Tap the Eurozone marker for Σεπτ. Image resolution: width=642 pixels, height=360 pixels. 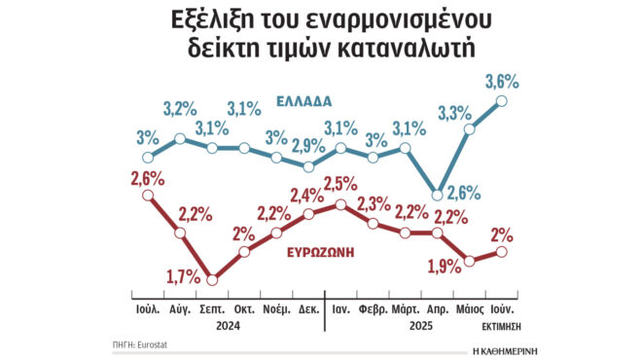(212, 278)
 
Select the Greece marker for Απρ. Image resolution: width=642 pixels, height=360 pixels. (438, 194)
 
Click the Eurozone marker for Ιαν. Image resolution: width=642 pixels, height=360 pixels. (340, 203)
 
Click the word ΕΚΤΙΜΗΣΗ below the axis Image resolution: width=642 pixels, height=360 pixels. (503, 328)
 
